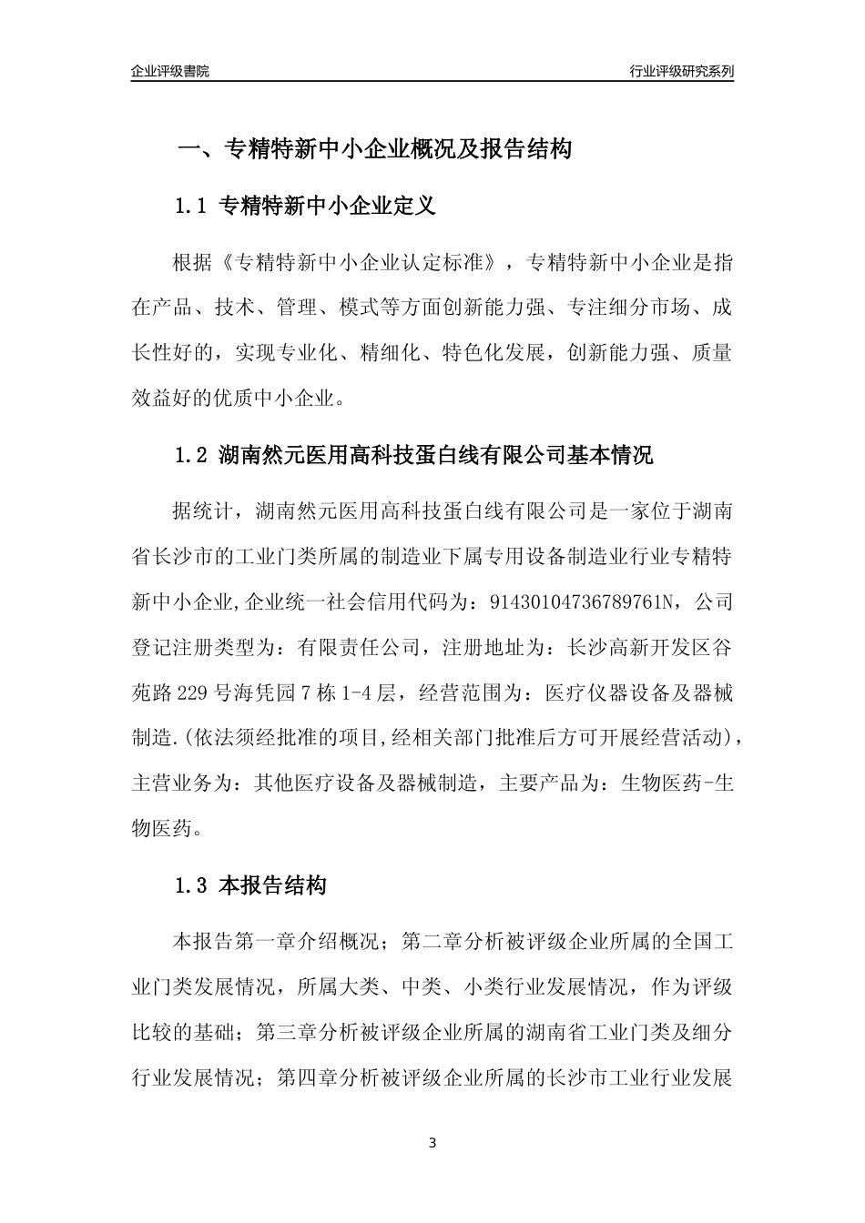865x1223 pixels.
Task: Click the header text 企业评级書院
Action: click(169, 71)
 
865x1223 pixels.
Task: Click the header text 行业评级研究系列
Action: click(681, 71)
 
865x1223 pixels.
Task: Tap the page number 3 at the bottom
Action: click(432, 1143)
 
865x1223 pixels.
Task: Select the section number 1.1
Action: click(192, 207)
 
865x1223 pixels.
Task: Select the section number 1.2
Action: click(192, 455)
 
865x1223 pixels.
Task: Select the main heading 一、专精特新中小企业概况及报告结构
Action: click(373, 149)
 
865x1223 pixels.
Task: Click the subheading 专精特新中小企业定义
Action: click(328, 207)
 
